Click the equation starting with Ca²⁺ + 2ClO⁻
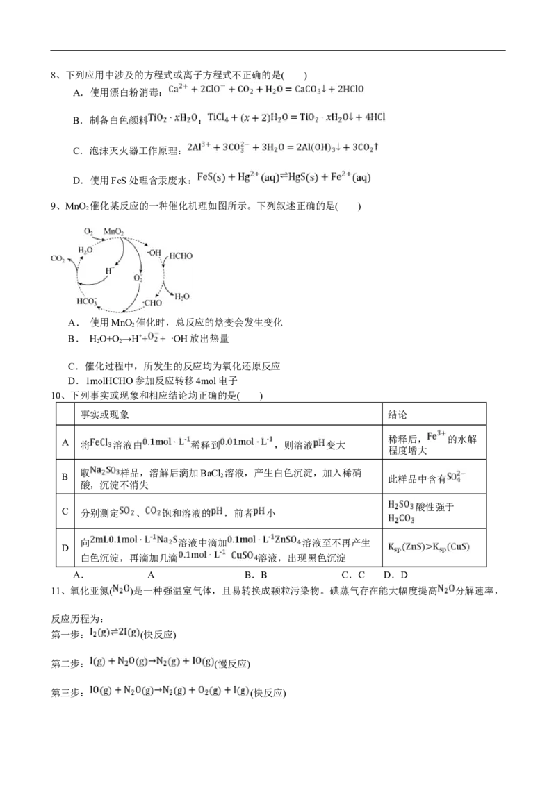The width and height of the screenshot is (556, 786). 267,90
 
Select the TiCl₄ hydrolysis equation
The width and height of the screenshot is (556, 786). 297,118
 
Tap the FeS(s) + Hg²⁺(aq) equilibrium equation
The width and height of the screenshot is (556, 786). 284,178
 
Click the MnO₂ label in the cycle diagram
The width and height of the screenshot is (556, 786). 114,231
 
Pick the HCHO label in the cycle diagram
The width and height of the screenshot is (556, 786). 181,256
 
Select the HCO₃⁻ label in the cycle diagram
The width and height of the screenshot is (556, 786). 87,301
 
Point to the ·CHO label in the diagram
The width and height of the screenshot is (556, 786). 152,303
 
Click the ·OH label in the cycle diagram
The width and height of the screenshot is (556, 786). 154,252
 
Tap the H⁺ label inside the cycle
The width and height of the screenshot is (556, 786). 109,271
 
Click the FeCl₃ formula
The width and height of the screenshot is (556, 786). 101,442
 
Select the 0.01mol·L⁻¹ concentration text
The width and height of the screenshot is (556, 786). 248,442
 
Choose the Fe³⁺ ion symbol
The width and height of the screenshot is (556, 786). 436,436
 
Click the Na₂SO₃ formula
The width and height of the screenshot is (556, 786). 105,471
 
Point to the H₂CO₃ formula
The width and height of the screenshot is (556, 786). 400,518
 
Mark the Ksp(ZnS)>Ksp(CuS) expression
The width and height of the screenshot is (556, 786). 427,547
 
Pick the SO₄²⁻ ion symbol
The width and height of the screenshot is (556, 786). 455,477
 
